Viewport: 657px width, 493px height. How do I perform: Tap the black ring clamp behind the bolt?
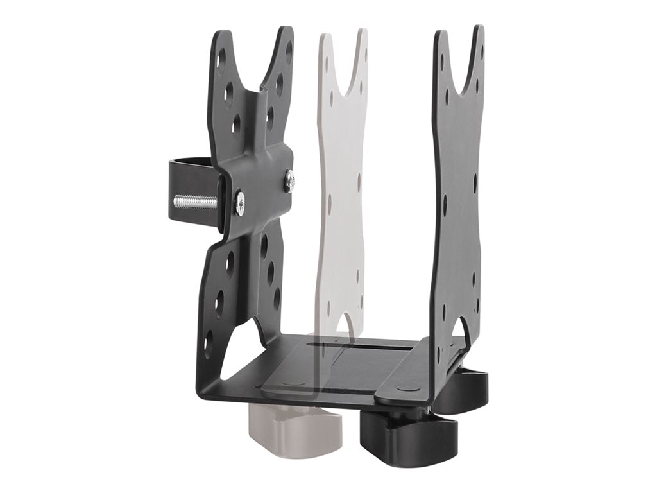(x=182, y=171)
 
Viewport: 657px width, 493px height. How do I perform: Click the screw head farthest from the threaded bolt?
(x=290, y=181)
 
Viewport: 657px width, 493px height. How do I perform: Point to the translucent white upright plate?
(x=343, y=193)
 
